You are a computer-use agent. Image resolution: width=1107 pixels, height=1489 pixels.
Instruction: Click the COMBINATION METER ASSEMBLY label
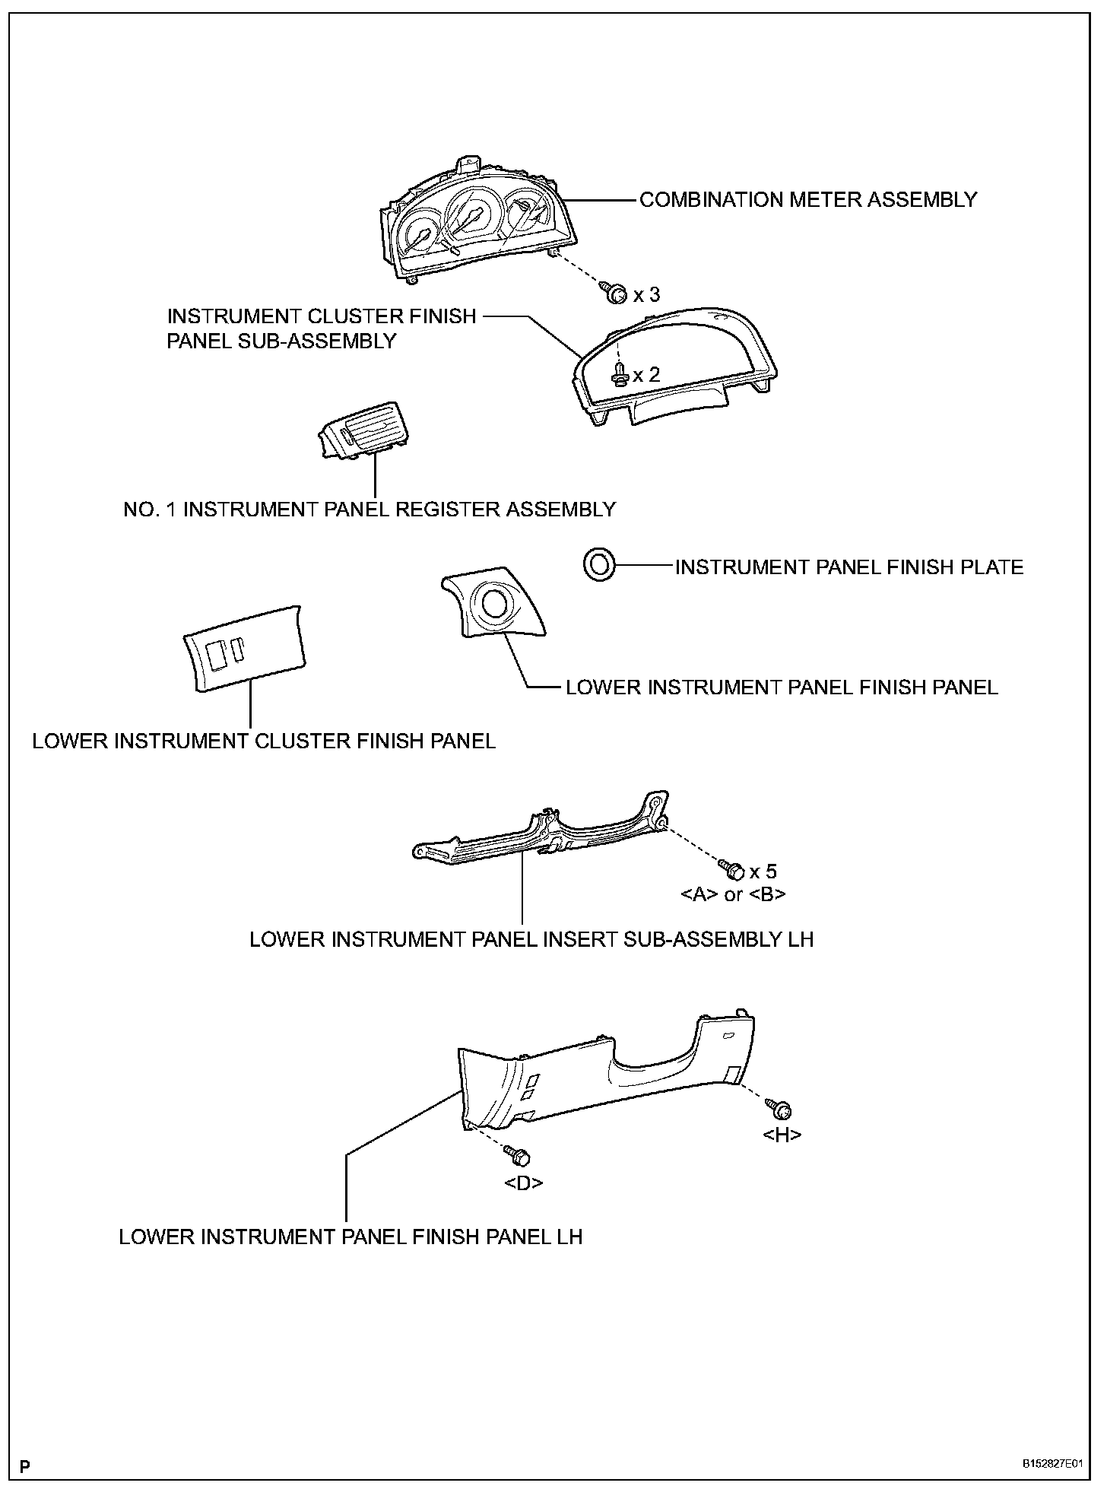tap(807, 200)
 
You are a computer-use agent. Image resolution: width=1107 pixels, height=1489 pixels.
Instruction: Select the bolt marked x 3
tap(616, 294)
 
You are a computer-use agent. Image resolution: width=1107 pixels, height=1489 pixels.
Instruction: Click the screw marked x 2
tap(620, 374)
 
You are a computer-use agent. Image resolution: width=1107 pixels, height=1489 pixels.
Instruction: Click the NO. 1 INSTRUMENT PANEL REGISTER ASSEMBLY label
tap(370, 510)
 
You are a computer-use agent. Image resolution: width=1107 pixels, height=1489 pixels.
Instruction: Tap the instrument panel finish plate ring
tap(598, 565)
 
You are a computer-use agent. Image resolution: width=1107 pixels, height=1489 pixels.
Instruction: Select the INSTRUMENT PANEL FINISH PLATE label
tap(849, 567)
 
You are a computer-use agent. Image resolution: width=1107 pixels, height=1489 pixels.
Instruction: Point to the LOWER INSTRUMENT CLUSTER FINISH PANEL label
tap(264, 741)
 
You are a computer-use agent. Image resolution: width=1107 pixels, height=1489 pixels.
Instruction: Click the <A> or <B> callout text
tap(733, 894)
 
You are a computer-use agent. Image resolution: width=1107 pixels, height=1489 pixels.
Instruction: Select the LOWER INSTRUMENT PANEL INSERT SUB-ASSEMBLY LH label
tap(531, 940)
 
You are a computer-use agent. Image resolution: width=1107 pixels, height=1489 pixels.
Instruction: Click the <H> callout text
tap(782, 1135)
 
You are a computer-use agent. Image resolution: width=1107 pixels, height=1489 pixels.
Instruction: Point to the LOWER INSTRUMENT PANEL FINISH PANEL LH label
tap(350, 1237)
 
